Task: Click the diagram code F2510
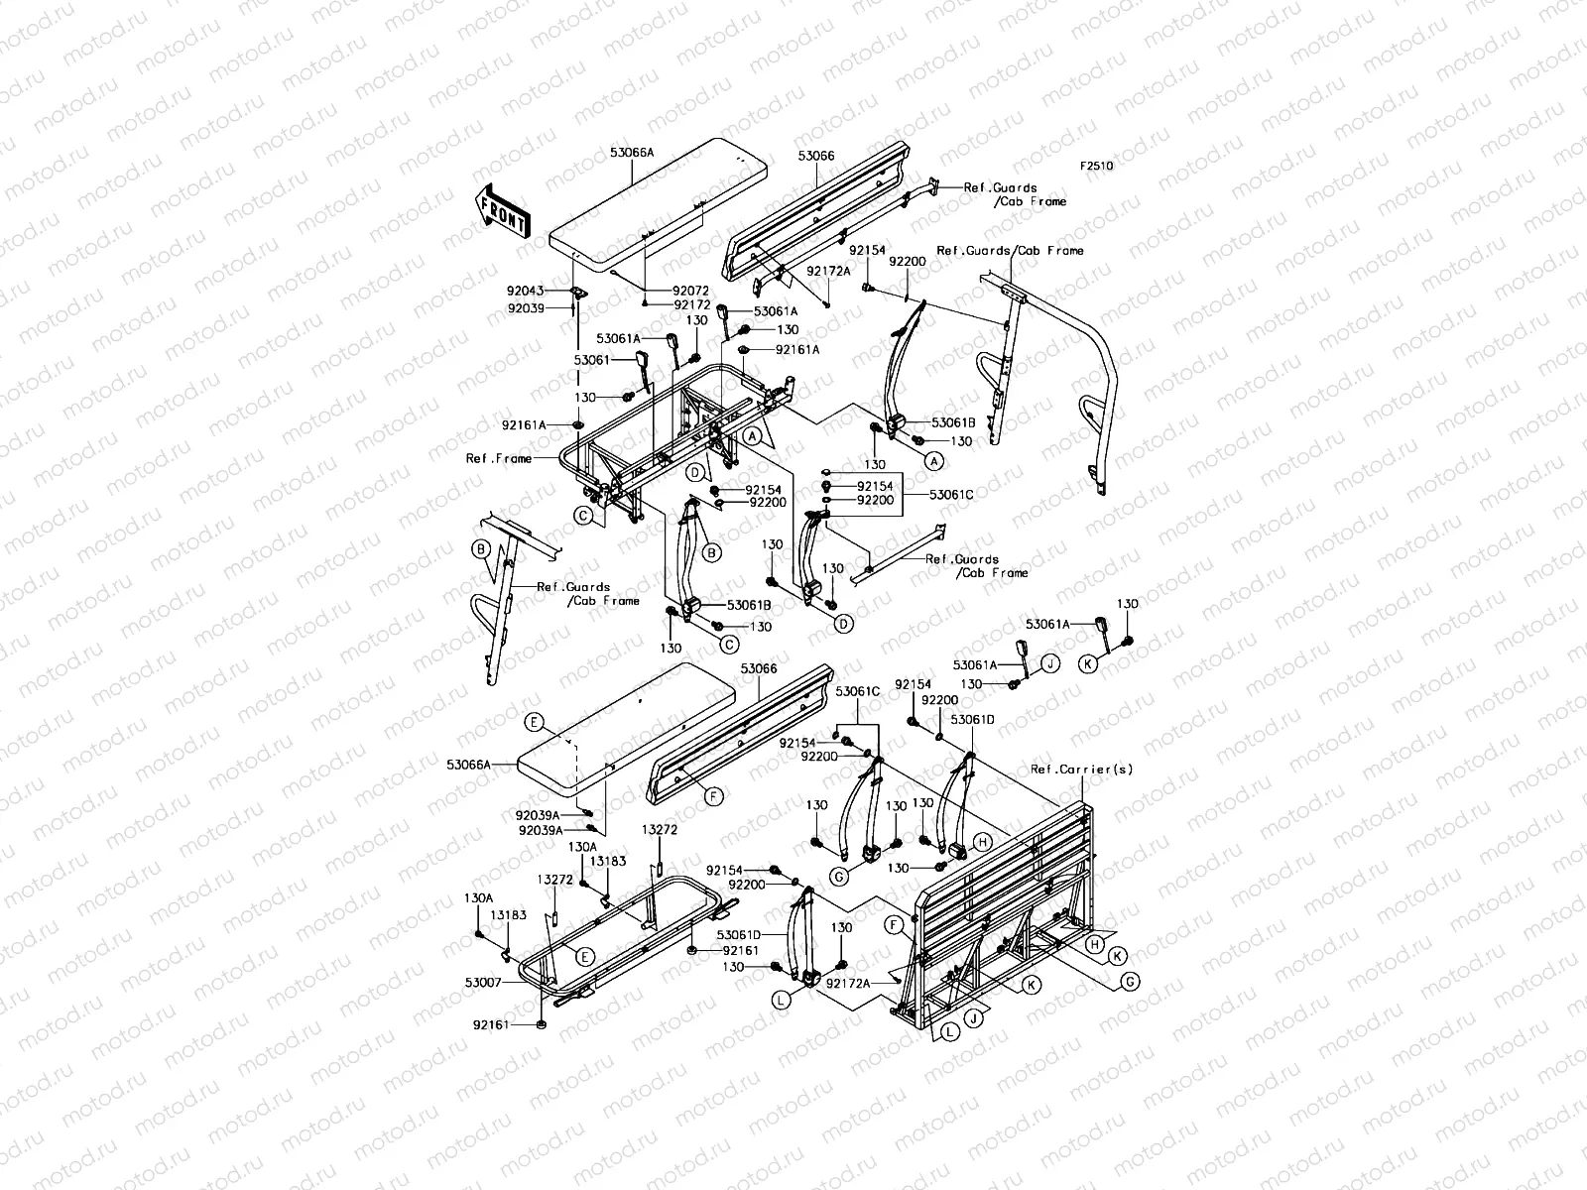click(x=1096, y=167)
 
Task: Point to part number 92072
click(x=691, y=291)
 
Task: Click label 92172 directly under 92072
click(x=691, y=304)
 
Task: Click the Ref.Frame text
click(x=497, y=459)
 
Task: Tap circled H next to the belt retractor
click(x=981, y=841)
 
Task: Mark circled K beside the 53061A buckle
click(x=1088, y=664)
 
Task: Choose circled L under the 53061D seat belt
click(x=782, y=1001)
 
